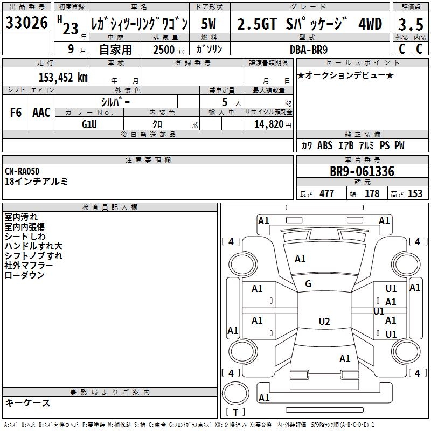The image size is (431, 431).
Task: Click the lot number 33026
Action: coord(26,23)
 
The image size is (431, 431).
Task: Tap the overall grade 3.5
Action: coord(411,24)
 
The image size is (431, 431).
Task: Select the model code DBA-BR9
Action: coord(309,50)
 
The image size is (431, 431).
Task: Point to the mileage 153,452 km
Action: coord(63,78)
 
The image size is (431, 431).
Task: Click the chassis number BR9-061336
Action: coord(362,171)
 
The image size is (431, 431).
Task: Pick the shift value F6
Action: coord(16,113)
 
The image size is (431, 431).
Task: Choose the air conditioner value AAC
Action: coord(41,113)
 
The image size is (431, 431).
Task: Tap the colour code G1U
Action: coord(89,124)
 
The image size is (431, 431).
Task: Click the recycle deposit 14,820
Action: coord(269,124)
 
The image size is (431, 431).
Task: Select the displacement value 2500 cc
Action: coord(169,50)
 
